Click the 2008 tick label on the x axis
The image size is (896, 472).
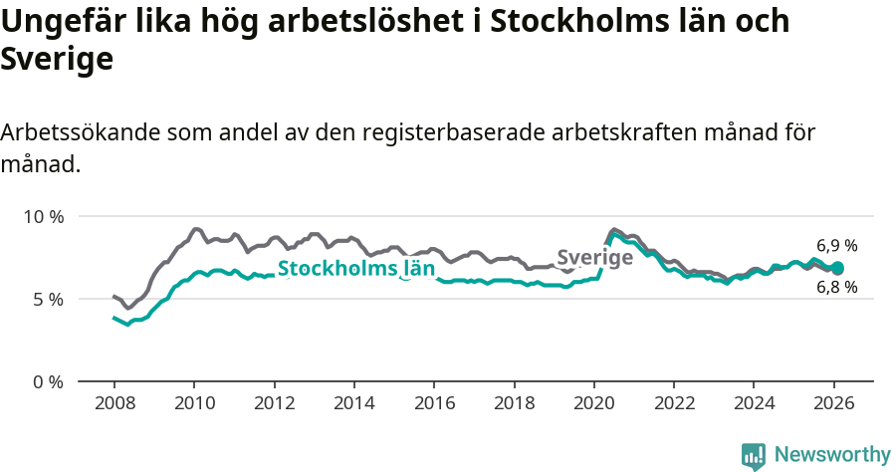113,406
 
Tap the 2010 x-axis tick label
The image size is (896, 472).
194,406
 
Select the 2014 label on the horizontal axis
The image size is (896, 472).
353,406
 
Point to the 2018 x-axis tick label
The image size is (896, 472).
514,406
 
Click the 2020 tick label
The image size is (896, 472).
593,406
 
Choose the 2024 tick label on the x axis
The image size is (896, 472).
754,406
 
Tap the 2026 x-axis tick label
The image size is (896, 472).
833,406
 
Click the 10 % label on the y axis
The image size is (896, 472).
43,216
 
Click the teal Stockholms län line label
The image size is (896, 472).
355,268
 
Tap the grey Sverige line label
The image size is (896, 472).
594,258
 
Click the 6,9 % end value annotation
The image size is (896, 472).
836,245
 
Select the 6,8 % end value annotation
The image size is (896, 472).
836,288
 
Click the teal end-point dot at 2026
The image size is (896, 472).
837,268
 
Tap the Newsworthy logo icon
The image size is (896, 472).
754,455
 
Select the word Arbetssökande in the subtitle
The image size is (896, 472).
79,132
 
